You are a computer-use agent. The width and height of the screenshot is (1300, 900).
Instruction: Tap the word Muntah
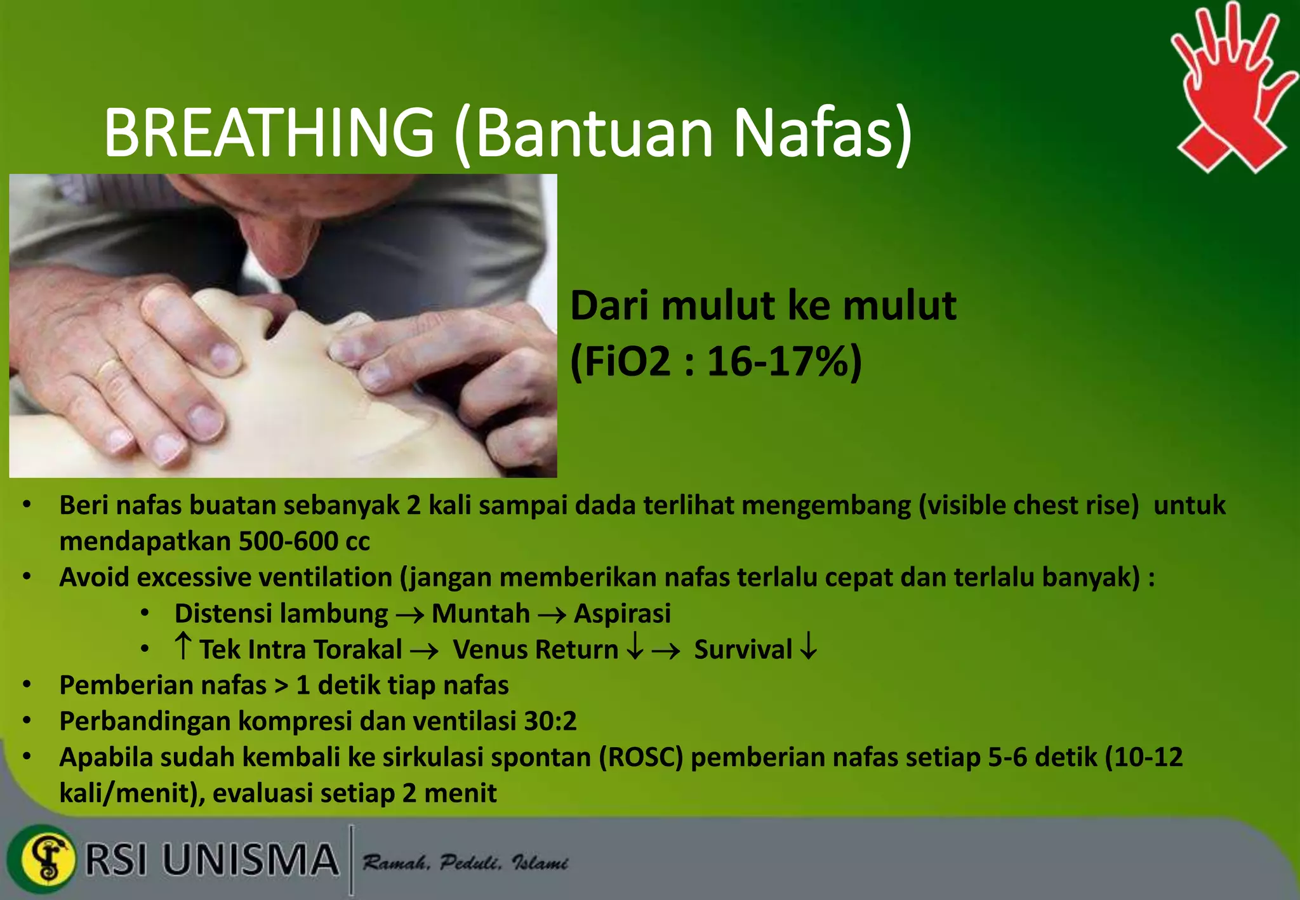pyautogui.click(x=481, y=614)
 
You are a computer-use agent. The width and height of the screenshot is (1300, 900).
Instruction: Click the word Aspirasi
pyautogui.click(x=622, y=614)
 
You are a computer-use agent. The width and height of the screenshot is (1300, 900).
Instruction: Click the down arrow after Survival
pyautogui.click(x=808, y=649)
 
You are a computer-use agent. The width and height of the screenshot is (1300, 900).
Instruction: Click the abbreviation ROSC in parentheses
pyautogui.click(x=641, y=758)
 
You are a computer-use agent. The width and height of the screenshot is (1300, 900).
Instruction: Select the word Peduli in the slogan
pyautogui.click(x=470, y=863)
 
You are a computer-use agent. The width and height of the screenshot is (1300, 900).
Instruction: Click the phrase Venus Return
pyautogui.click(x=535, y=650)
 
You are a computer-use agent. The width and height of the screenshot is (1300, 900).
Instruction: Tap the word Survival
pyautogui.click(x=743, y=650)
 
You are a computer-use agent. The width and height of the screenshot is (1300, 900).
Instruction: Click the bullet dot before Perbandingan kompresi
pyautogui.click(x=27, y=722)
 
